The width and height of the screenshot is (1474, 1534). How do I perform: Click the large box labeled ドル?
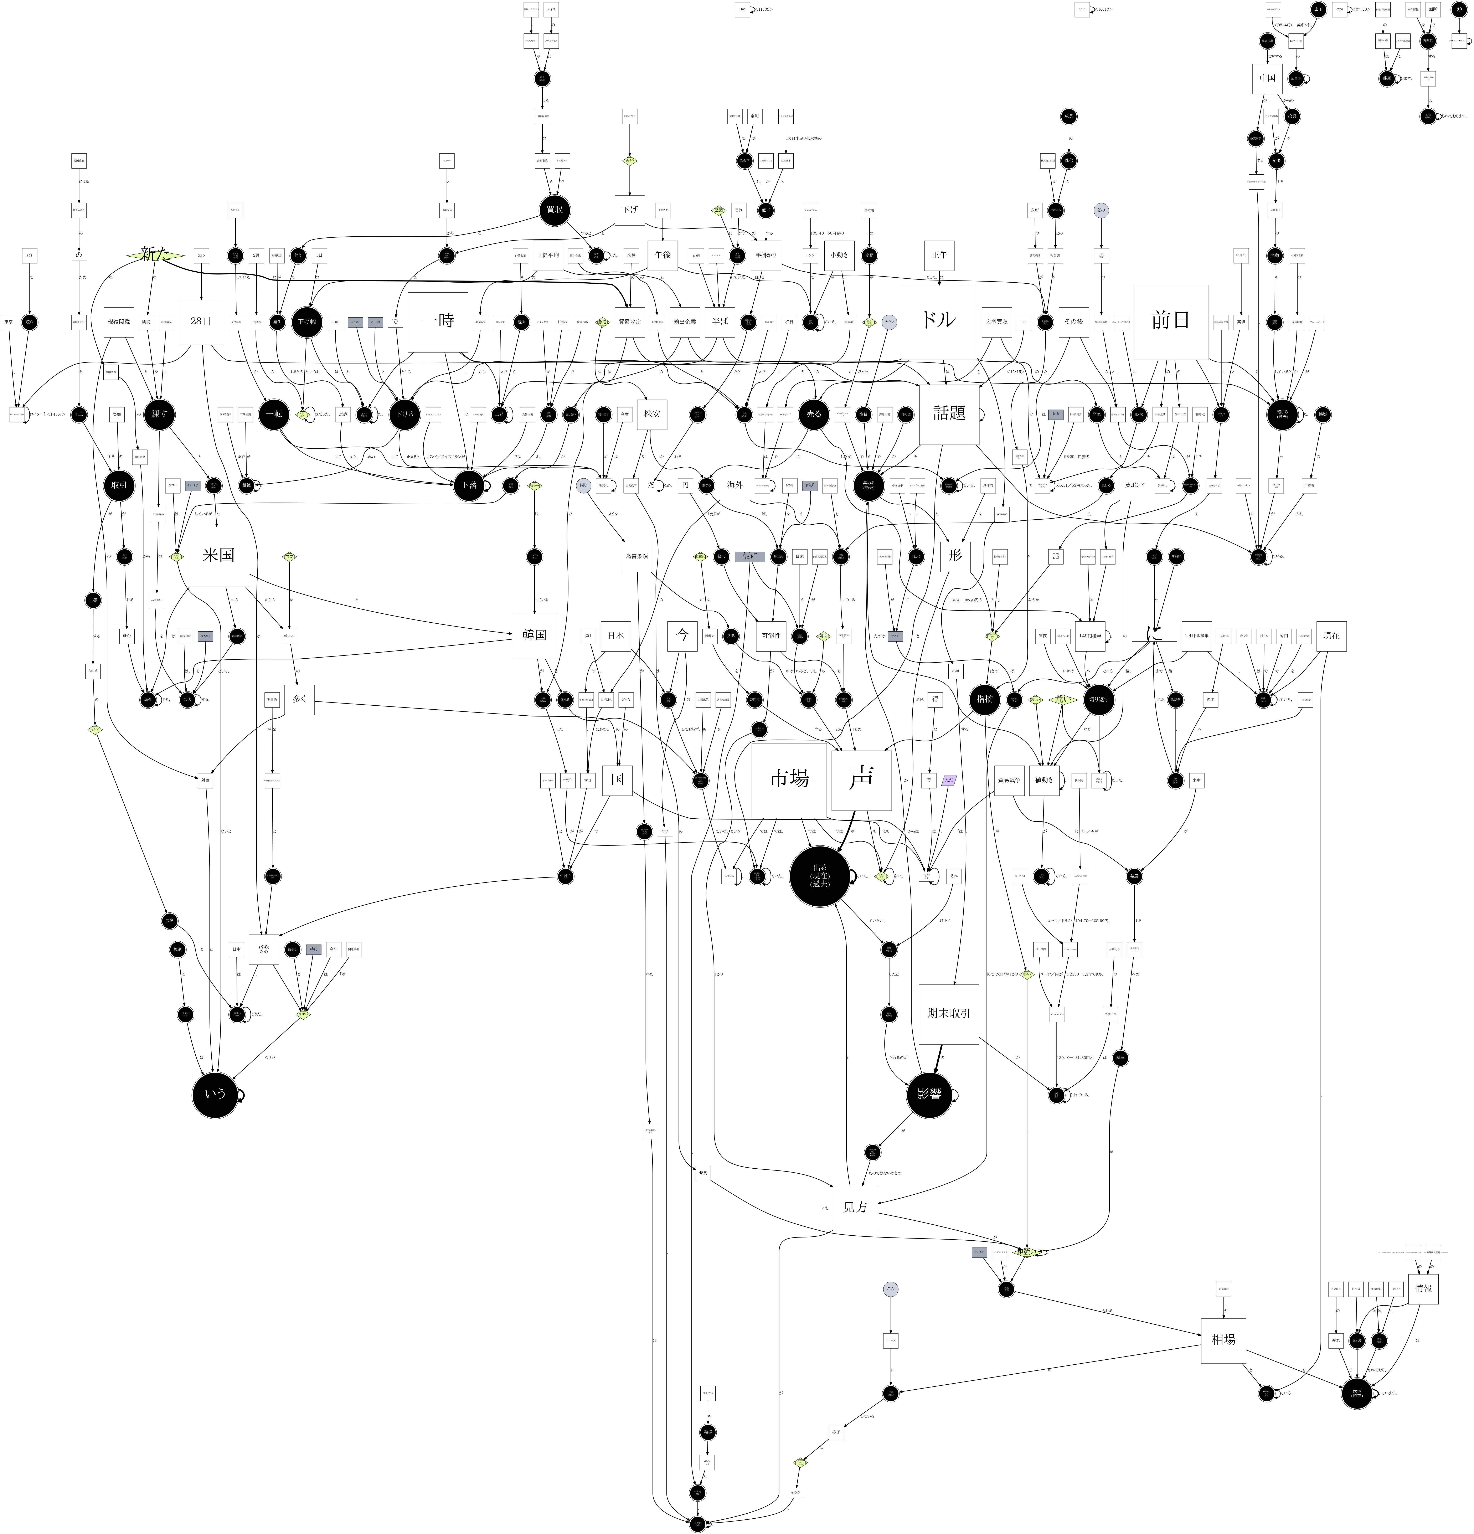click(x=939, y=321)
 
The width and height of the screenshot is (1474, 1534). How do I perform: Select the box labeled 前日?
click(x=1170, y=321)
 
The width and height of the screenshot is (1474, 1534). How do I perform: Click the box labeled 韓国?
click(x=534, y=635)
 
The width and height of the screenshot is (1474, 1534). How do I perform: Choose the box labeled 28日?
click(x=201, y=322)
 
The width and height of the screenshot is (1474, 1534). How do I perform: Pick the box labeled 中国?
click(x=1267, y=78)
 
